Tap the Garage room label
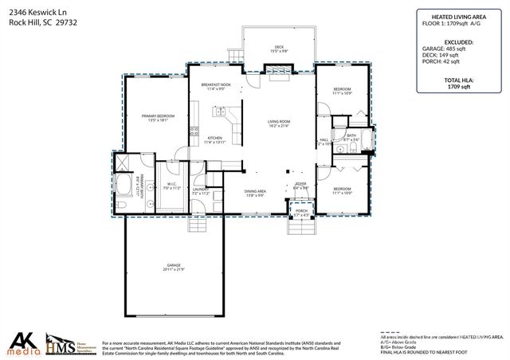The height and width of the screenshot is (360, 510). [174, 266]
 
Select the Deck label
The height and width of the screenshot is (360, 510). [279, 49]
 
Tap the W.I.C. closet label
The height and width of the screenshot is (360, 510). [171, 186]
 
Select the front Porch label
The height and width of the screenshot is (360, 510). [300, 213]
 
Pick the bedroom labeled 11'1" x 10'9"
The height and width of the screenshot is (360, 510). [342, 91]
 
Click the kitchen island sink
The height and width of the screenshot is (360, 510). [216, 115]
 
